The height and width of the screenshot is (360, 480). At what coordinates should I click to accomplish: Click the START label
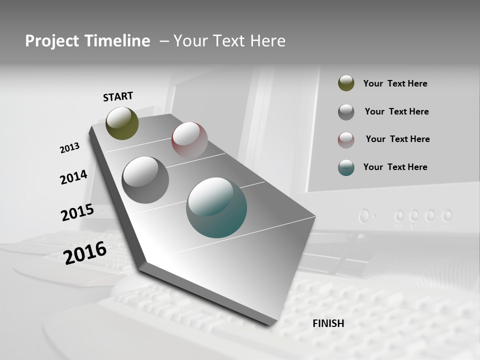point(118,96)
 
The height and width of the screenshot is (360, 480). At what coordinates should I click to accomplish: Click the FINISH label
point(328,323)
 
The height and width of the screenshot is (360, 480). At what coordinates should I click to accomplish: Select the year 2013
point(69,148)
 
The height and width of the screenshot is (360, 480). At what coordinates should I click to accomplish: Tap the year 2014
point(73,177)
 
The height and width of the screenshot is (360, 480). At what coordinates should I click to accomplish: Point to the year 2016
point(85,253)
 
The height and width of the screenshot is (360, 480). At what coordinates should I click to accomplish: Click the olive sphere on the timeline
point(122,123)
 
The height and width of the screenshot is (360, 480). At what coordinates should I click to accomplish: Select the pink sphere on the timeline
point(189,140)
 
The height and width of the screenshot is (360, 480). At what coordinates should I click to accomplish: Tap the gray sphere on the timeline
point(145,179)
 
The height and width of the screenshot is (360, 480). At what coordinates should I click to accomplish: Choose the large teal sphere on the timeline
point(216,207)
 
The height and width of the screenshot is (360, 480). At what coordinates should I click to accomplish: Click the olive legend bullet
point(346,83)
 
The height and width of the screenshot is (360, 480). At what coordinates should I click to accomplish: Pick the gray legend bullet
point(346,111)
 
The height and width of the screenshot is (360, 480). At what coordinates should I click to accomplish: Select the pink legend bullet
point(346,139)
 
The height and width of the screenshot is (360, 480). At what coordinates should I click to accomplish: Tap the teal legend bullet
point(346,167)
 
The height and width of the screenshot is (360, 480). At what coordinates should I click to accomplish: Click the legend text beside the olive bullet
point(395,83)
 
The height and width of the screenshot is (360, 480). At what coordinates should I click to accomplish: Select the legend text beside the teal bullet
point(395,167)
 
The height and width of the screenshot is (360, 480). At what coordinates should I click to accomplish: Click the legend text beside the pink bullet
point(397,139)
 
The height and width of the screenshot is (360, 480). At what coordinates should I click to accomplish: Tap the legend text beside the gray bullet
point(396,111)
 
